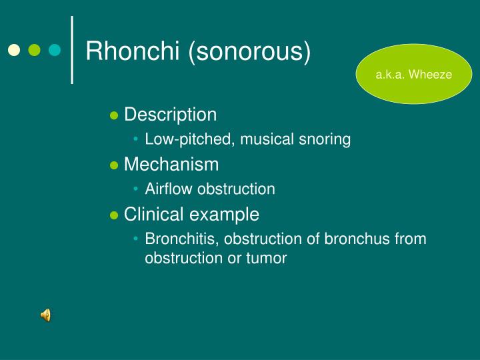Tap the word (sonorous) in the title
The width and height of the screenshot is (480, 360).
(x=249, y=51)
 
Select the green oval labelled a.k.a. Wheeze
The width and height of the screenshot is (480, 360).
(x=413, y=75)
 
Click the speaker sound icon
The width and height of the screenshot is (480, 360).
(x=46, y=315)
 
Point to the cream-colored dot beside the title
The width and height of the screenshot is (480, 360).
(x=14, y=50)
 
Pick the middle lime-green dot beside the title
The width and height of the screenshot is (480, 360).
(x=35, y=50)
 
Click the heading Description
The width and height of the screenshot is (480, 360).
(x=171, y=115)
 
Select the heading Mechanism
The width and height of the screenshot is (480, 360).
(x=171, y=164)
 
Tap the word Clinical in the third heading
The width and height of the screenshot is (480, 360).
(x=153, y=214)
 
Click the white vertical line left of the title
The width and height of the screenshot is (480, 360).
(x=72, y=50)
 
